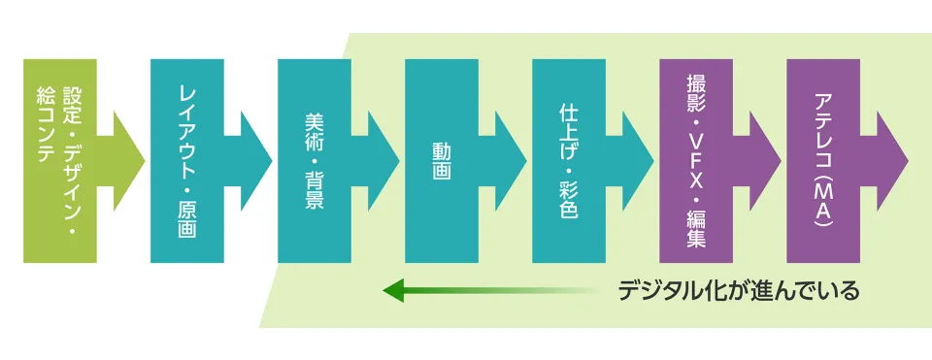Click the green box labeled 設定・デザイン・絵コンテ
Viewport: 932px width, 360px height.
pyautogui.click(x=60, y=160)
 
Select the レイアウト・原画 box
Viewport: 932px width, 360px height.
pyautogui.click(x=187, y=160)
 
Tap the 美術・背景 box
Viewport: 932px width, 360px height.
pyautogui.click(x=314, y=160)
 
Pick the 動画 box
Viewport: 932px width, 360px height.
pyautogui.click(x=442, y=160)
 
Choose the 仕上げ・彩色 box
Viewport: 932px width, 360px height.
pyautogui.click(x=569, y=160)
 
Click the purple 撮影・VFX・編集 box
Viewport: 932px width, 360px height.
pyautogui.click(x=696, y=160)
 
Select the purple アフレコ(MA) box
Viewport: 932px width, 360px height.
pyautogui.click(x=823, y=160)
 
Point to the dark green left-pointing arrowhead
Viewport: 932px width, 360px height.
pyautogui.click(x=393, y=289)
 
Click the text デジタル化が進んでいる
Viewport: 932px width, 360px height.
pyautogui.click(x=739, y=290)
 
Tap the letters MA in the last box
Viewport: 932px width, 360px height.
pyautogui.click(x=823, y=194)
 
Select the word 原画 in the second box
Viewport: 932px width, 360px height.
pyautogui.click(x=187, y=218)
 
